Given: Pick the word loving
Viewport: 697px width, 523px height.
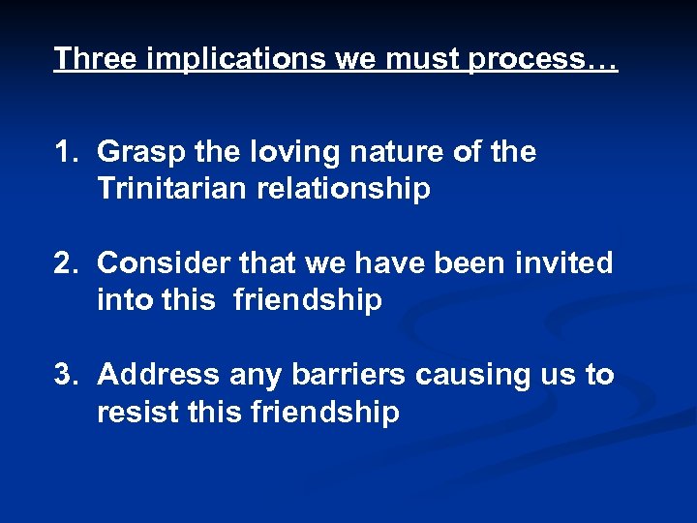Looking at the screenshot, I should [293, 153].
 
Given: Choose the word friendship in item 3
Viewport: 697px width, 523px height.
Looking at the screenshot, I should [324, 412].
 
